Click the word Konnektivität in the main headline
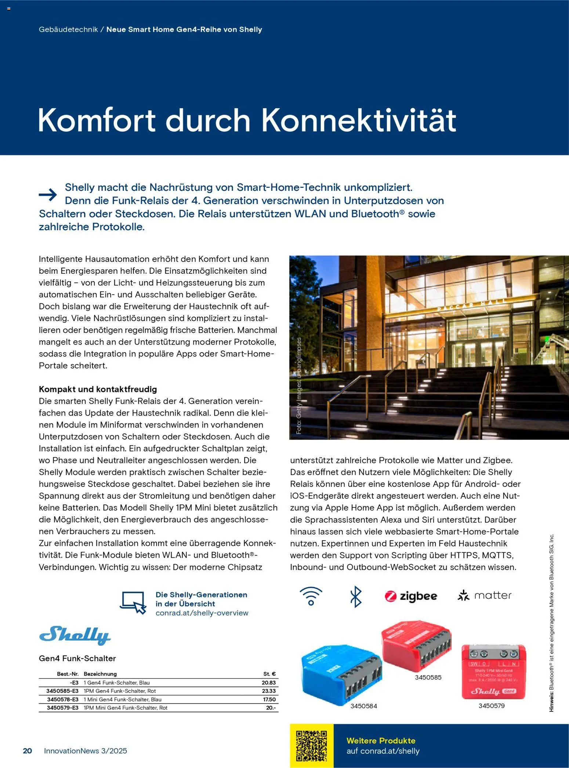point(359,120)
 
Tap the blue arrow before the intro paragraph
point(48,194)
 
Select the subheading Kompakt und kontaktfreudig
point(98,389)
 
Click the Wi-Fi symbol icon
point(311,596)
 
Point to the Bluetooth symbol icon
point(355,596)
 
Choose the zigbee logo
point(411,596)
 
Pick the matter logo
point(484,595)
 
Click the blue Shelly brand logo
point(75,636)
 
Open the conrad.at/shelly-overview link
point(202,613)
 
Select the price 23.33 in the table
point(269,691)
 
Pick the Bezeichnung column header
point(100,674)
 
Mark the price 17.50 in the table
point(269,699)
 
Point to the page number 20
point(28,751)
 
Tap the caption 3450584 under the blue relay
point(363,706)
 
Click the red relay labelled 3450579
point(493,672)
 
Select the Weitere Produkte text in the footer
point(381,740)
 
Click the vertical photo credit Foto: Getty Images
point(299,386)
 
